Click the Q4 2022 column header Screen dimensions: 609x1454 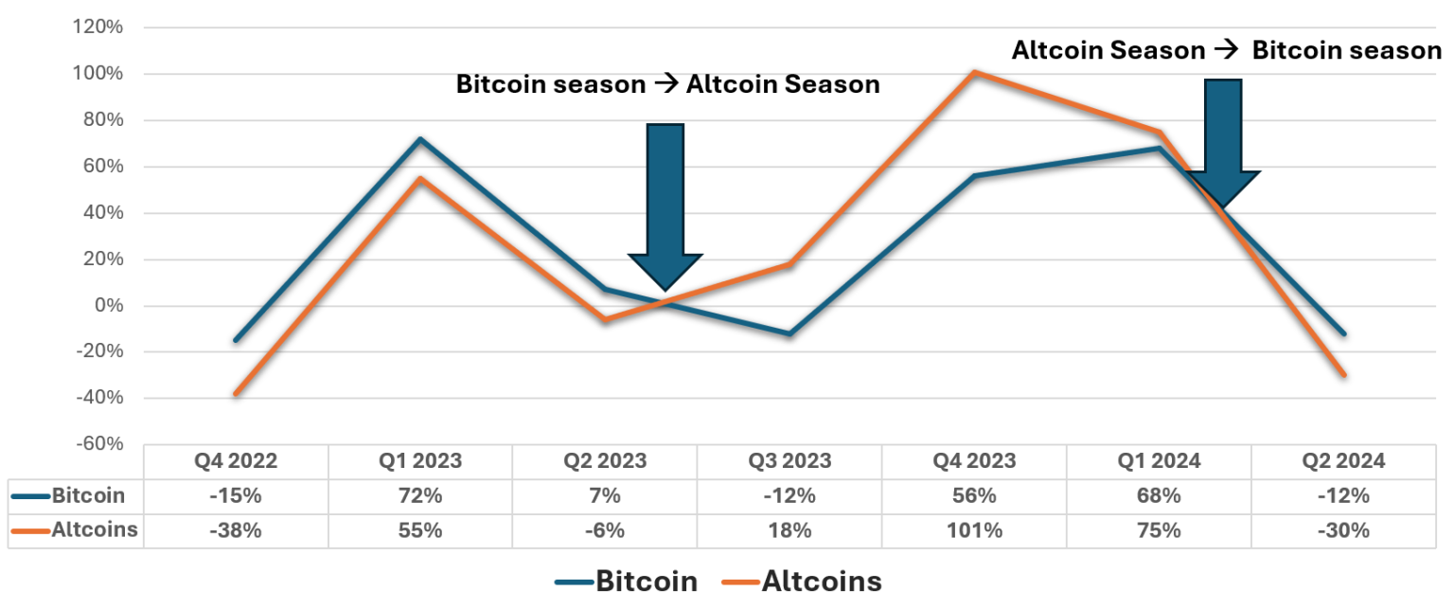point(236,461)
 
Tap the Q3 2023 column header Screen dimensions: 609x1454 point(789,461)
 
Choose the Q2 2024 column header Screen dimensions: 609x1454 point(1342,461)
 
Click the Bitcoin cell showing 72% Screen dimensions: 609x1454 point(420,495)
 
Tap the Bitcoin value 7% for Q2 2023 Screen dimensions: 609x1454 point(605,495)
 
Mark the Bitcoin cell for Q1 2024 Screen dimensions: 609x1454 point(1159,495)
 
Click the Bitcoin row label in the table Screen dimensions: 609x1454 point(87,495)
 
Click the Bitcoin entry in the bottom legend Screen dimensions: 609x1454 point(646,581)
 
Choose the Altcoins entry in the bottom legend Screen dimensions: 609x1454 point(821,581)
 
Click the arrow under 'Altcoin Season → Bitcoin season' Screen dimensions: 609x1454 point(1222,142)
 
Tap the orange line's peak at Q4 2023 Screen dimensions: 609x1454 point(974,72)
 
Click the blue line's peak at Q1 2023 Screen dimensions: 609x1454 point(420,139)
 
